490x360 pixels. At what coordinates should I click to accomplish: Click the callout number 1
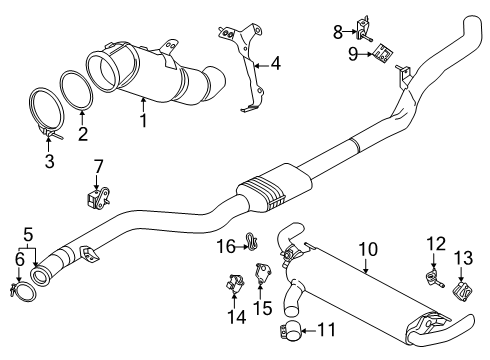[x=143, y=120]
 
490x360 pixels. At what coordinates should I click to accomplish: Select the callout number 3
[x=49, y=161]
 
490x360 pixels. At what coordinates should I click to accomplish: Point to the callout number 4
[x=275, y=63]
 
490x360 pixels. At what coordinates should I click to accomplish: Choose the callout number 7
[x=97, y=166]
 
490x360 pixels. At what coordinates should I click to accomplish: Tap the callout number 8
[x=338, y=32]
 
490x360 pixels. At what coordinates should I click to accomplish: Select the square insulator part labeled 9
[x=383, y=53]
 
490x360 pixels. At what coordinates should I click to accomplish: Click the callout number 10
[x=368, y=249]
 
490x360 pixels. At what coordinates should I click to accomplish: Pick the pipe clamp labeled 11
[x=290, y=331]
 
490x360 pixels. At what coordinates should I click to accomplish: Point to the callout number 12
[x=436, y=244]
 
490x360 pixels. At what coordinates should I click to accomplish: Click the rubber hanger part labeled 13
[x=462, y=290]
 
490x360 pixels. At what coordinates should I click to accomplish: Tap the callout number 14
[x=237, y=317]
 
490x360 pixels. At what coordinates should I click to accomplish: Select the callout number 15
[x=263, y=308]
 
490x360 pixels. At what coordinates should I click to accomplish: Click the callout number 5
[x=28, y=235]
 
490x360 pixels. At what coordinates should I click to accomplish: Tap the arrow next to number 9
[x=366, y=54]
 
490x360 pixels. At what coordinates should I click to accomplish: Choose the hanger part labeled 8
[x=363, y=28]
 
